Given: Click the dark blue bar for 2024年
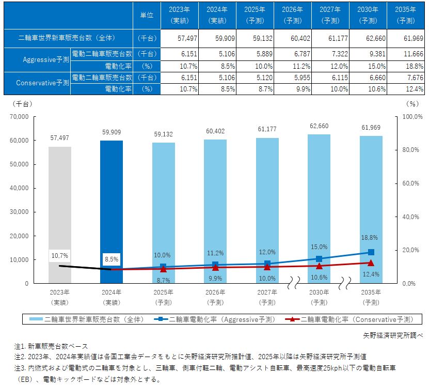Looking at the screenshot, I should tap(112, 207).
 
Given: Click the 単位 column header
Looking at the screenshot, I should tap(147, 15).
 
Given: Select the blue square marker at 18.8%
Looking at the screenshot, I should tap(371, 252).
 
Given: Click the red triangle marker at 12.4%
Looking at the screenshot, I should tap(371, 263).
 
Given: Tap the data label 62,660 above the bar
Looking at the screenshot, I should tap(319, 126).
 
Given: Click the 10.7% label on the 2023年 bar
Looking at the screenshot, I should tap(60, 255).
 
